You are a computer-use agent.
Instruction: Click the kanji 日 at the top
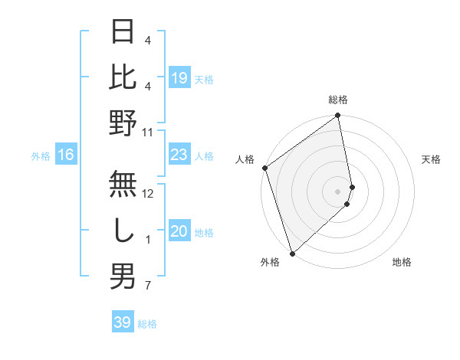click(123, 33)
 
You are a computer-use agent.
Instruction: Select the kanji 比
click(123, 77)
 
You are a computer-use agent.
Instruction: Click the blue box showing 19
click(179, 77)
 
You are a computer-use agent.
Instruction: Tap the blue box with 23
click(179, 155)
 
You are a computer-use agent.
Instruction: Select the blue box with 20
click(179, 232)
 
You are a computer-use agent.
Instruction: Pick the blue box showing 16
click(66, 155)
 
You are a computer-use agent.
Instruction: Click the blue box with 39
click(123, 322)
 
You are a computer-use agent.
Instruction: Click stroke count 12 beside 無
click(148, 194)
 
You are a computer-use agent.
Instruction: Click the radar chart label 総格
click(338, 100)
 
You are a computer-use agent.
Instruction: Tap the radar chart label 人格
click(245, 159)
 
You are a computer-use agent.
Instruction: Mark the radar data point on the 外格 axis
click(292, 253)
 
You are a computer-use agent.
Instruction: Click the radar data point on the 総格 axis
click(338, 116)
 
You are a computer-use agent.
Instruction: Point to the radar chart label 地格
click(402, 262)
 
